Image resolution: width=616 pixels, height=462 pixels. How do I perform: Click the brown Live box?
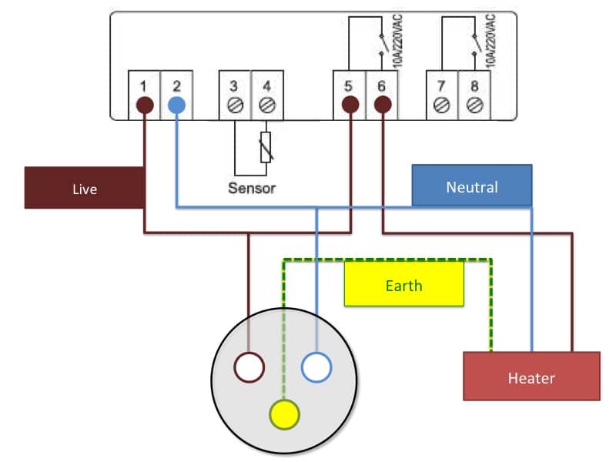pyautogui.click(x=85, y=188)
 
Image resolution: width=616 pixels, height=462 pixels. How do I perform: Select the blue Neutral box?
pyautogui.click(x=471, y=186)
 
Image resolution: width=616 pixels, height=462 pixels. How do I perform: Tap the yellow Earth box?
pyautogui.click(x=403, y=284)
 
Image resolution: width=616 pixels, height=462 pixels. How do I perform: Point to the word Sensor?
pyautogui.click(x=251, y=187)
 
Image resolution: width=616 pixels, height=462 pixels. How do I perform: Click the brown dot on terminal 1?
pyautogui.click(x=143, y=105)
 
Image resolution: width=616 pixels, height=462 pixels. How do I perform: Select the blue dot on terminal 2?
pyautogui.click(x=176, y=105)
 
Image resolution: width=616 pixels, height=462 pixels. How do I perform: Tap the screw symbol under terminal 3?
pyautogui.click(x=235, y=105)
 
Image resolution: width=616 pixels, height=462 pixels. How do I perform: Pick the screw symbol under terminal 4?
pyautogui.click(x=266, y=105)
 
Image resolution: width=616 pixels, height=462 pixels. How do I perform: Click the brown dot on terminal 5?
pyautogui.click(x=350, y=105)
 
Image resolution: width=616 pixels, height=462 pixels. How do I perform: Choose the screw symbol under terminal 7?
pyautogui.click(x=443, y=105)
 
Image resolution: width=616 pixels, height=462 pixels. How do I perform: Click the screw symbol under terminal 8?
pyautogui.click(x=474, y=105)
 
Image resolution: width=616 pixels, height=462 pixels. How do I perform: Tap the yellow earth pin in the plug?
pyautogui.click(x=284, y=414)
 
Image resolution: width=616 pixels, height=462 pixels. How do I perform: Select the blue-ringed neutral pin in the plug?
pyautogui.click(x=316, y=367)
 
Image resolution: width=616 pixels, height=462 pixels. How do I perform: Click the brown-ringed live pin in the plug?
pyautogui.click(x=249, y=367)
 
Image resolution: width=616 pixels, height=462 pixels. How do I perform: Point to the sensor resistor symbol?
pyautogui.click(x=266, y=147)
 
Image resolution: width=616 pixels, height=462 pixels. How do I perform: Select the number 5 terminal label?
pyautogui.click(x=350, y=85)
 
